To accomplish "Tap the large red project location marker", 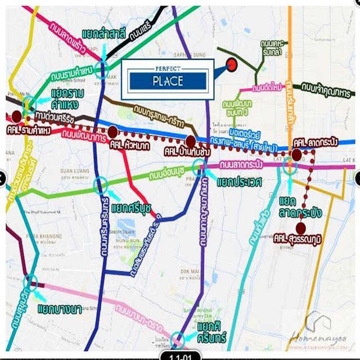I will coord(232,65).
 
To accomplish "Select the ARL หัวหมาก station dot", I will coord(112,132).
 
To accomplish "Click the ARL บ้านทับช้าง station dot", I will coord(191,141).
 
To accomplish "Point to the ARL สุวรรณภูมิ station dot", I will coord(301,228).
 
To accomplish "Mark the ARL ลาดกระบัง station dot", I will coord(296,153).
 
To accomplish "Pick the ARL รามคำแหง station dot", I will coord(17,117).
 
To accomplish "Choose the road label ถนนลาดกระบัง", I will coord(242,165).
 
